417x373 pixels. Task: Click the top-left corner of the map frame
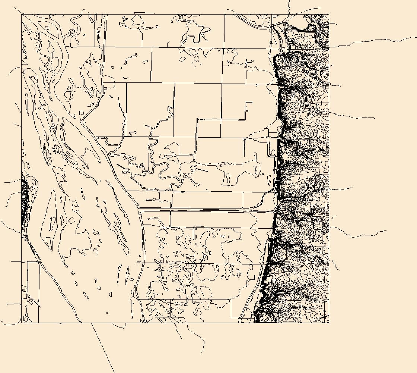click(21, 14)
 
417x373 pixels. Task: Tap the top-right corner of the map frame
click(329, 14)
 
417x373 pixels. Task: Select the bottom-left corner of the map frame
click(21, 323)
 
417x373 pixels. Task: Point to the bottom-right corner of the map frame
click(329, 323)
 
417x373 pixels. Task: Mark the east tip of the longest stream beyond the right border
click(416, 38)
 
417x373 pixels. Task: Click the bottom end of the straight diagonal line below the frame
click(114, 372)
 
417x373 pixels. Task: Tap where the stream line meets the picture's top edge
click(289, 0)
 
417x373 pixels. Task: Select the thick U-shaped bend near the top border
click(201, 37)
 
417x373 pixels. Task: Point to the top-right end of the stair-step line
click(252, 102)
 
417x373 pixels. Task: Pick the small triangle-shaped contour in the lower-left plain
click(86, 295)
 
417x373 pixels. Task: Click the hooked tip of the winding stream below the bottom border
click(201, 352)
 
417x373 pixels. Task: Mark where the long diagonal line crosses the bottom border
click(92, 323)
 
